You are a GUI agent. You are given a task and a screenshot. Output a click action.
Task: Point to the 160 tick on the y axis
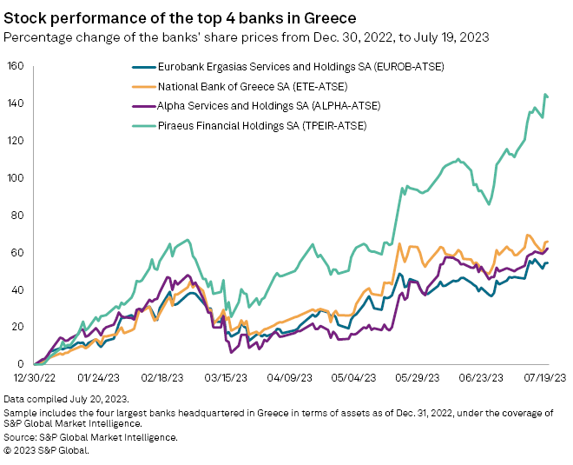click(x=14, y=66)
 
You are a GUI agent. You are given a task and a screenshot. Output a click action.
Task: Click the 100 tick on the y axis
click(x=14, y=178)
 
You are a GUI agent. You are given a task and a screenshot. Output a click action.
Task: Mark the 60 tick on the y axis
click(x=16, y=253)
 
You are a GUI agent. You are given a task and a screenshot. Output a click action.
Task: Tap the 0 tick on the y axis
click(x=19, y=364)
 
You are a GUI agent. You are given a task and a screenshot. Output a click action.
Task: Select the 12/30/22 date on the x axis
click(x=35, y=379)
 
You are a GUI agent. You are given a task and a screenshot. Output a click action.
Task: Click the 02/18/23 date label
click(x=161, y=379)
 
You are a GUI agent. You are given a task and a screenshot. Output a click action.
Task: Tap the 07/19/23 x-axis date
click(x=543, y=379)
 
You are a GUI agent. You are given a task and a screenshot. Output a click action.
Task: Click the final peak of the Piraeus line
click(x=545, y=94)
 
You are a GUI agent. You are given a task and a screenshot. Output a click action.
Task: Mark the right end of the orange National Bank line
click(x=548, y=242)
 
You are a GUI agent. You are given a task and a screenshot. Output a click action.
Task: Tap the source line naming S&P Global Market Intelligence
click(x=91, y=437)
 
